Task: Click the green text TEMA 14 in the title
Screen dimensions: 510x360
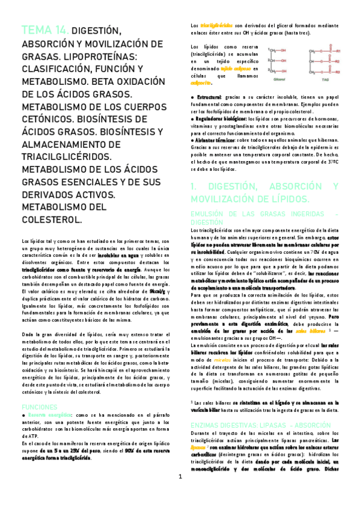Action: [x=44, y=31]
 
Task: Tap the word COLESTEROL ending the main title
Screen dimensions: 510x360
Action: [x=52, y=221]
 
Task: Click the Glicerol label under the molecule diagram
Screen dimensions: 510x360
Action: [x=280, y=78]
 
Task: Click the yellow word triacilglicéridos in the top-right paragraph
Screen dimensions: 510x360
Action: [x=216, y=26]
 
